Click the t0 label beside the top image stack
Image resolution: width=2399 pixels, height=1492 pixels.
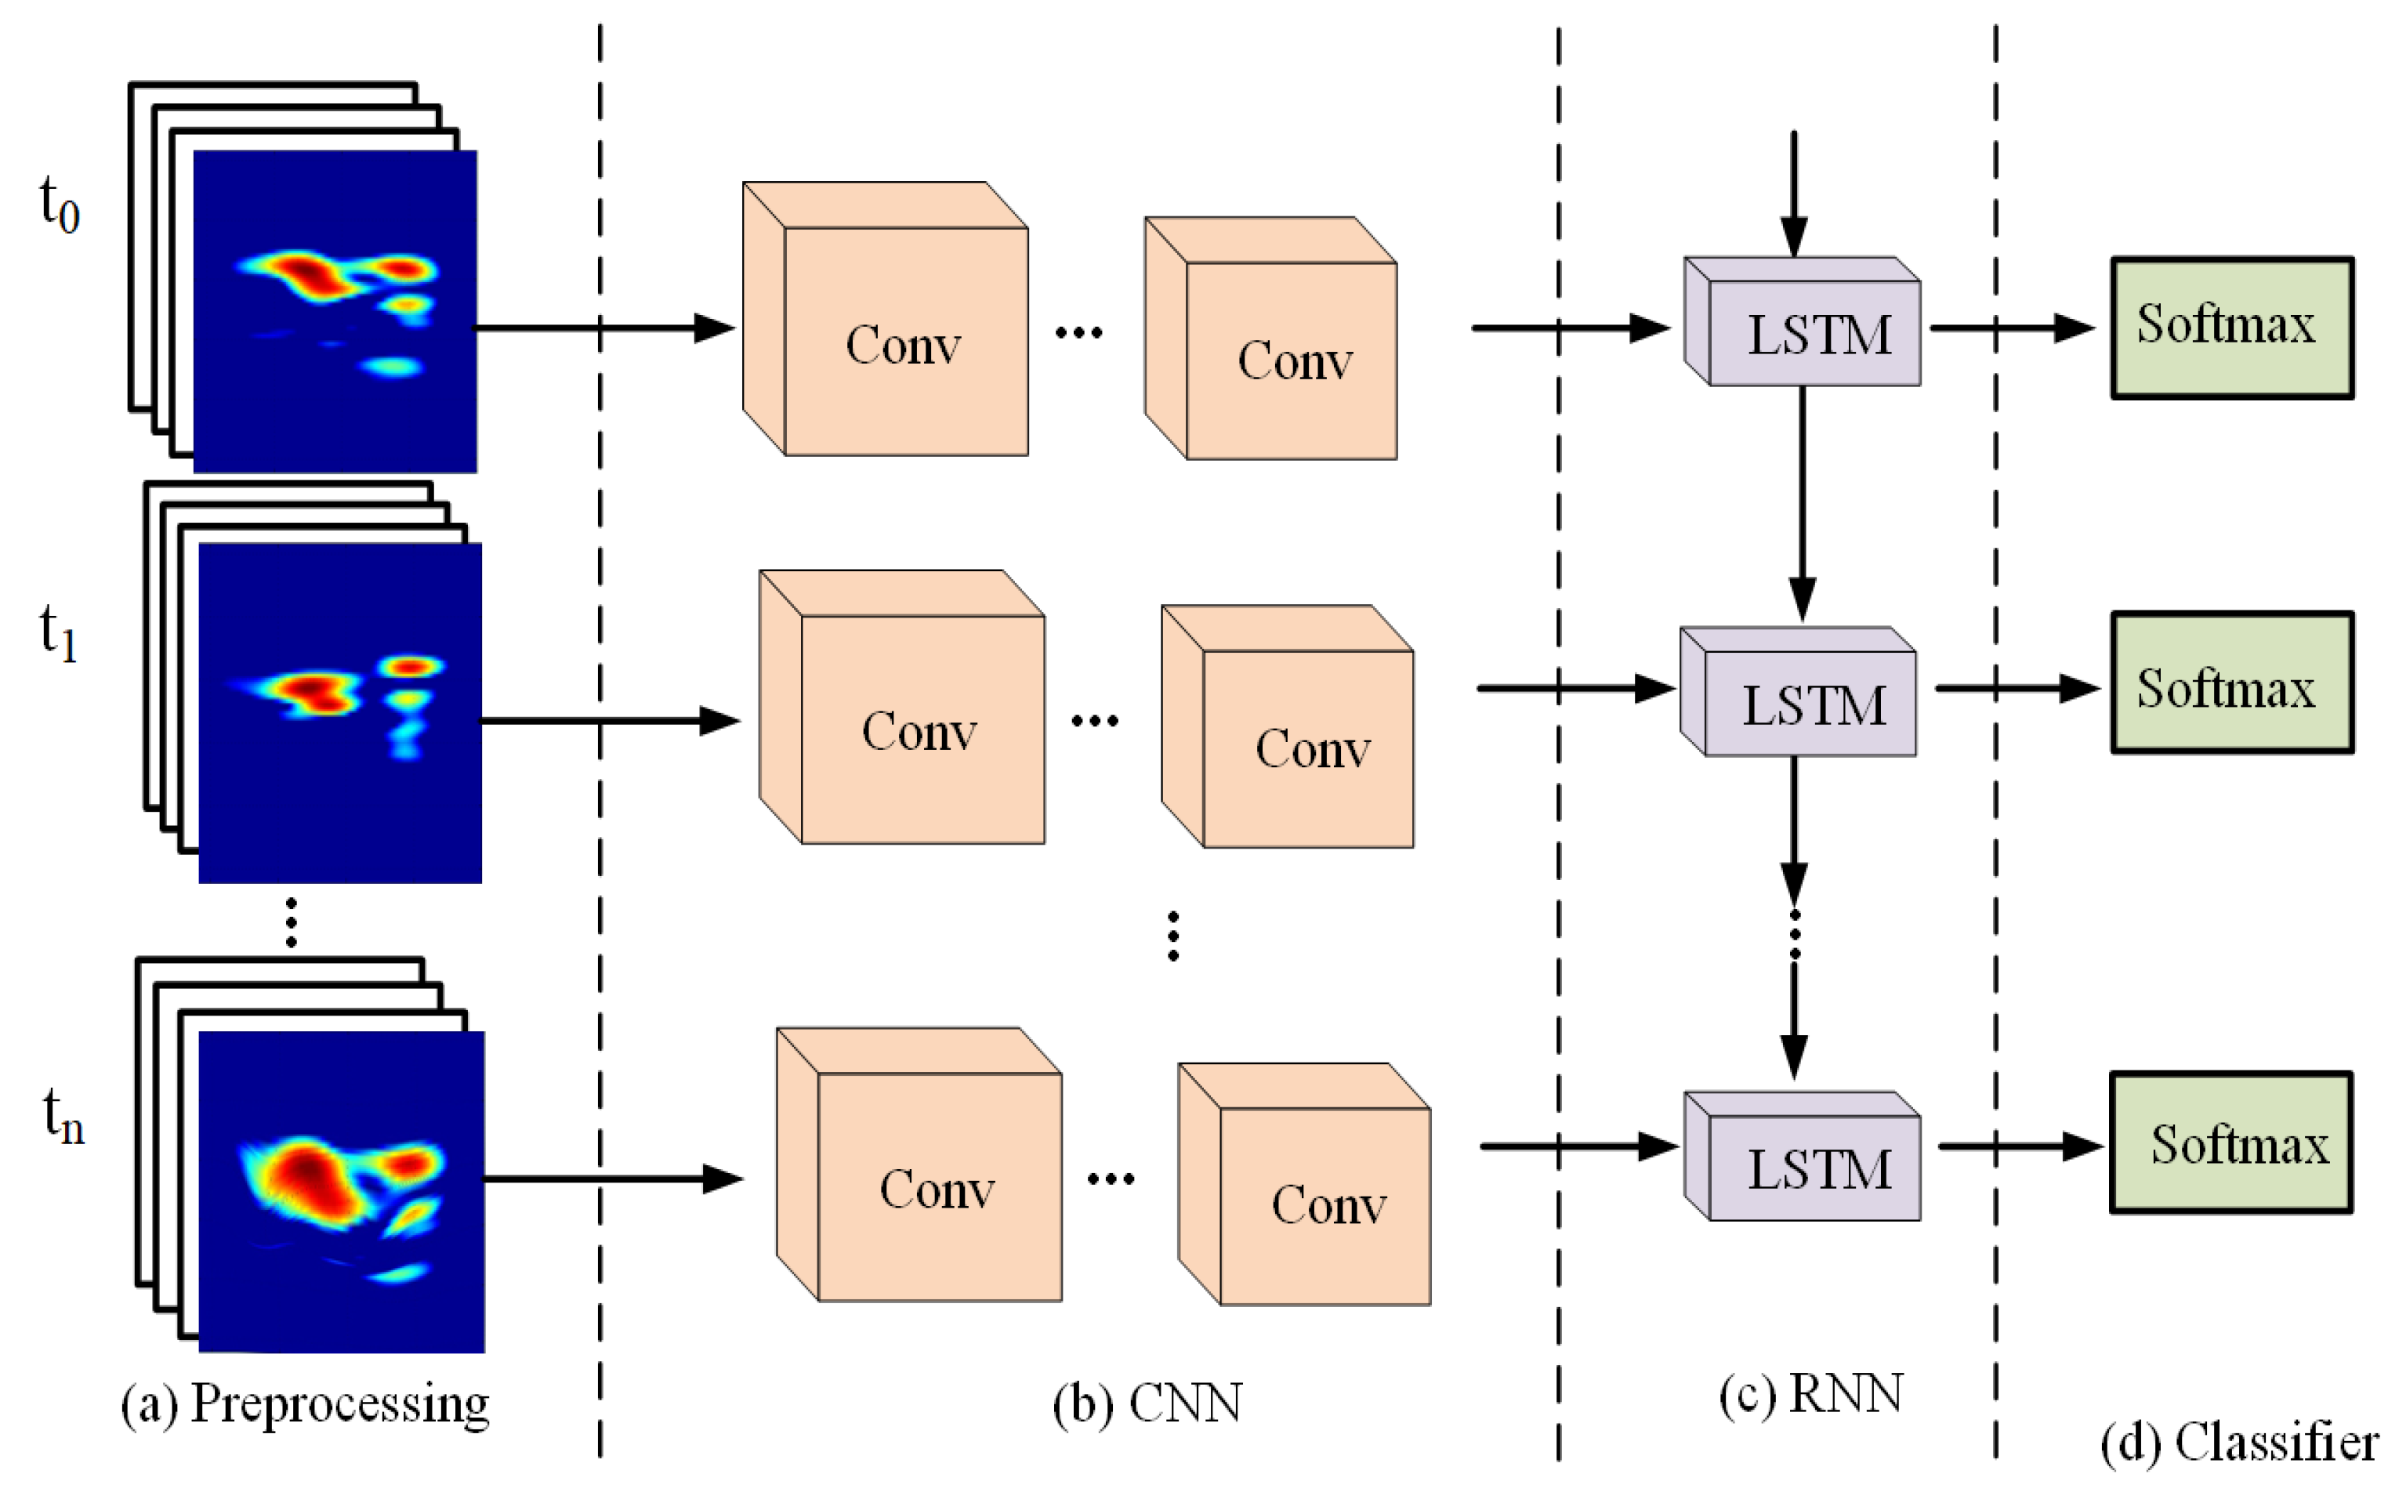(60, 205)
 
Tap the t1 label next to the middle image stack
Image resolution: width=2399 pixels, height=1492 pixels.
(58, 632)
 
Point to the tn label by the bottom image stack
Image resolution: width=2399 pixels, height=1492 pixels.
(63, 1116)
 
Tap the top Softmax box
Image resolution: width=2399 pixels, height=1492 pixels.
(2231, 328)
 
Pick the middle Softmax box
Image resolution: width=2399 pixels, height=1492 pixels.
(2231, 683)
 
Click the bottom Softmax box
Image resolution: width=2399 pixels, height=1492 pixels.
(2231, 1143)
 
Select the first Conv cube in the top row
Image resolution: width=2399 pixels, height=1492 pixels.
(903, 340)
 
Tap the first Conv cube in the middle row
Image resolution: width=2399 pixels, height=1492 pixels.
(920, 728)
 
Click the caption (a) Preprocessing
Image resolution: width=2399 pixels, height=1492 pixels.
(305, 1403)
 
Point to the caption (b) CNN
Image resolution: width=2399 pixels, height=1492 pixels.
(1147, 1403)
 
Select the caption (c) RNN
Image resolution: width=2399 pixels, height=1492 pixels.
(1811, 1393)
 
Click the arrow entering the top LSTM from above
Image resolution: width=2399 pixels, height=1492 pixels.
(1793, 193)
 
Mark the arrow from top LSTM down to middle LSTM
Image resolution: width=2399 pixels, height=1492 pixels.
(1802, 503)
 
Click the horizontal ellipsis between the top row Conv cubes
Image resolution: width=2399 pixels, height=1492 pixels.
(1078, 332)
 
